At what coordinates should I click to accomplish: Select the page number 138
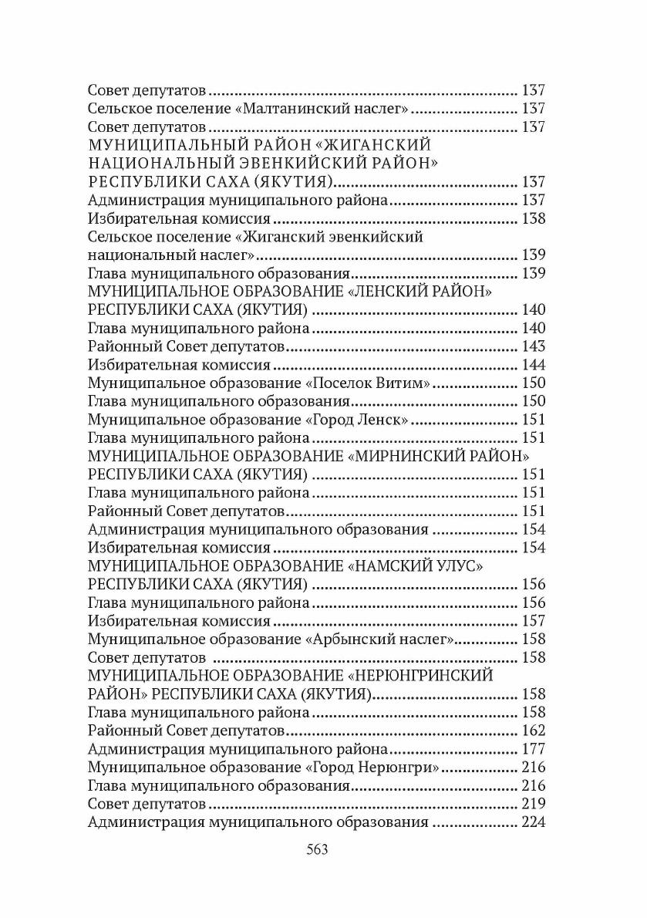point(534,218)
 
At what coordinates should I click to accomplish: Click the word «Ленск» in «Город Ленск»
point(382,420)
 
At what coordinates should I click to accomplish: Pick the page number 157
point(534,621)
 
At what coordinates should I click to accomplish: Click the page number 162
point(534,731)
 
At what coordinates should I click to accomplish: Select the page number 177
point(534,749)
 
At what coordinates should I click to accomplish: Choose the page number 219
point(534,805)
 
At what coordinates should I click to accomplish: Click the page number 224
point(534,823)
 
